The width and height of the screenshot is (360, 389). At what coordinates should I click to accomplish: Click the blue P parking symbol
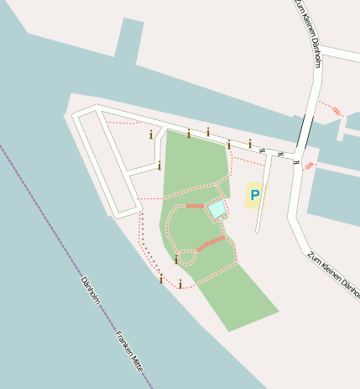255,195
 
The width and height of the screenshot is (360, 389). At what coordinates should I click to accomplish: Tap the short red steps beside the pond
194,205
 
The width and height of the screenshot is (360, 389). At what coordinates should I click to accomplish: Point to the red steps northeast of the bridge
336,110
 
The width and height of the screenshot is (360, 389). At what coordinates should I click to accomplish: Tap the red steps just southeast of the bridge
310,165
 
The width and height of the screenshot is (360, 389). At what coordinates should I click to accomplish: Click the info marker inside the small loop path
176,260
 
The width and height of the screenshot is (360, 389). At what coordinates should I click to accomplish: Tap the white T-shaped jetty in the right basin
343,129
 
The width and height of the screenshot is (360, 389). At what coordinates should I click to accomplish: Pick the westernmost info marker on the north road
151,134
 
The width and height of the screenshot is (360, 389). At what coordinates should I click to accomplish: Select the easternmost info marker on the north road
250,144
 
